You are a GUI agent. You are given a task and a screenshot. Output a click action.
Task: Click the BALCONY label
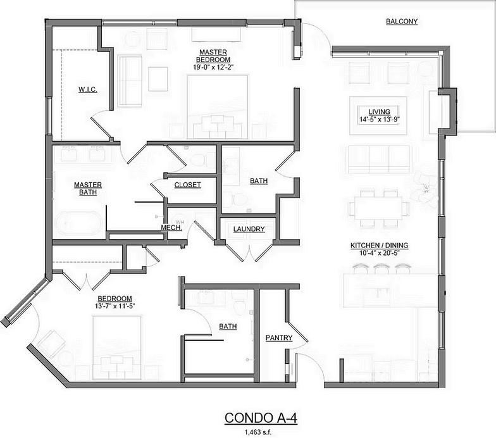[402, 22]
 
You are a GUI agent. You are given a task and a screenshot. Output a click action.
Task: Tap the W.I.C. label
[87, 90]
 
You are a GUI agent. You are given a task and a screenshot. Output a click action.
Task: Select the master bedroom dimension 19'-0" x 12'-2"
[213, 67]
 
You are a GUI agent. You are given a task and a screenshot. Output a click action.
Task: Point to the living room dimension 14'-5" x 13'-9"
[380, 119]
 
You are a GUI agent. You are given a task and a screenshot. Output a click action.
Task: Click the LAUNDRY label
[249, 229]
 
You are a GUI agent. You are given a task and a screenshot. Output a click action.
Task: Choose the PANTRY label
[279, 338]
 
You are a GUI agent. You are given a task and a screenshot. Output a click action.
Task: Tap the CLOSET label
[187, 185]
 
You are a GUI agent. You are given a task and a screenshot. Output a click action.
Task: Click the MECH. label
[171, 227]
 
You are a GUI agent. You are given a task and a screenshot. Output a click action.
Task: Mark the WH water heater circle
[180, 222]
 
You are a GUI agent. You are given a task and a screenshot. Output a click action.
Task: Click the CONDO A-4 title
[261, 418]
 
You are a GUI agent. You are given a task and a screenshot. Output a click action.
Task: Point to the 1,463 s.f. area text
[258, 432]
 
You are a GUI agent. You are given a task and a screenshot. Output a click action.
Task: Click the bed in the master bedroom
[218, 107]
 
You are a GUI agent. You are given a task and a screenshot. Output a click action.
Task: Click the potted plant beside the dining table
[425, 189]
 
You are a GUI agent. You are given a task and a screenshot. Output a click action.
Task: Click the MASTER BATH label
[88, 189]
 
